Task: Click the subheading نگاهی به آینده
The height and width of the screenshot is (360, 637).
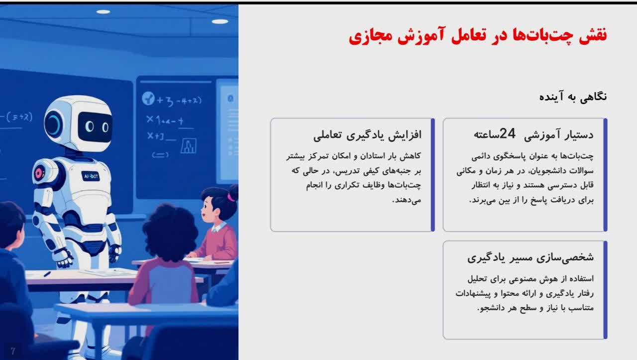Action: point(573,97)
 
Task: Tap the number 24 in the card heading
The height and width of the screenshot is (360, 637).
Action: point(507,133)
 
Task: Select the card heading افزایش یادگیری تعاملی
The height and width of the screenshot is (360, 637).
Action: point(367,135)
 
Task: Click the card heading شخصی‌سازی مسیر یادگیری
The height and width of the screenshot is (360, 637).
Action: point(531,257)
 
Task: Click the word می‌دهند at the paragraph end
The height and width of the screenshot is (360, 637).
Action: point(407,200)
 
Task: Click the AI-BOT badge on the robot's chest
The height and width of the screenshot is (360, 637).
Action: point(91,176)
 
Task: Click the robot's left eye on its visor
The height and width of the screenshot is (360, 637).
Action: point(89,126)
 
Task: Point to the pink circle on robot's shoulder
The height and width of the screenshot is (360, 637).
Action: point(39,173)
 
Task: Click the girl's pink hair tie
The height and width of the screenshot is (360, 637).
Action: point(231,197)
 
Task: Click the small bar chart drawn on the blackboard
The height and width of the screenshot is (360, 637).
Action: point(188,146)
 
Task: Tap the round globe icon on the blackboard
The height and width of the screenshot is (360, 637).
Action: point(148,99)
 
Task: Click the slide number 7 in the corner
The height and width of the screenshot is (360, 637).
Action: point(13,351)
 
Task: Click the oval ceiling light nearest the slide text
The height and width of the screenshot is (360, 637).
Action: point(220,21)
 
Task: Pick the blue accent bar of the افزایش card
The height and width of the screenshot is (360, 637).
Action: point(433,175)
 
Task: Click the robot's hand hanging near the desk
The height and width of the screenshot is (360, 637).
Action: point(64,257)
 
